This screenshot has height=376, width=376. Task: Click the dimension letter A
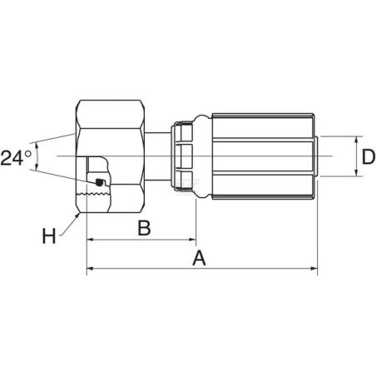click(199, 258)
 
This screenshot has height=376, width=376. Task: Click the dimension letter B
click(145, 228)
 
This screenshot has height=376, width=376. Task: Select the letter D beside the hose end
click(369, 157)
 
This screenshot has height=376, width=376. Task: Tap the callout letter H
click(49, 236)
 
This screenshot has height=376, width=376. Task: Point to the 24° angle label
click(16, 158)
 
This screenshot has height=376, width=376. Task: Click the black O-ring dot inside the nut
click(99, 182)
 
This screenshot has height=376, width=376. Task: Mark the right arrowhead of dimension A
click(314, 268)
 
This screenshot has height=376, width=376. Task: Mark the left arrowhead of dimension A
click(91, 268)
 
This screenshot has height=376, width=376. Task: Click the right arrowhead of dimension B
click(192, 240)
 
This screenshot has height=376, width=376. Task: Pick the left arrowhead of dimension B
click(91, 240)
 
